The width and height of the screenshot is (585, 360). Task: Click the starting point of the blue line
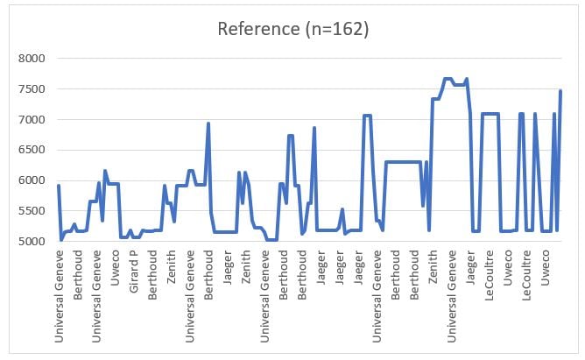[59, 186]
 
